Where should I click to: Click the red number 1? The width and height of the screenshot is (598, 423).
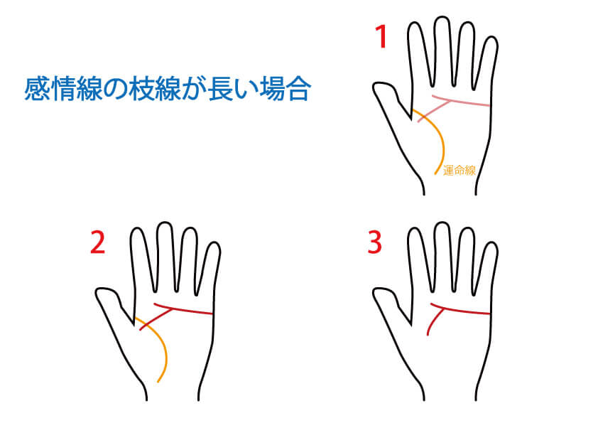381,36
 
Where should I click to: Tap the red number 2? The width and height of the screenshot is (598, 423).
97,243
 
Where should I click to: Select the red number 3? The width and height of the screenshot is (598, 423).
374,242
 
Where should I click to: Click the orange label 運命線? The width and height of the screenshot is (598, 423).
460,171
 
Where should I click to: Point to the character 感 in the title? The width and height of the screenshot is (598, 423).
37,89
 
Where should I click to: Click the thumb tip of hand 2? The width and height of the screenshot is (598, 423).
99,292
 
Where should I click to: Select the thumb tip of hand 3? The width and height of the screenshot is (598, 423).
376,292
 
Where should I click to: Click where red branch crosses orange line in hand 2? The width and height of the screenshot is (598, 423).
146,326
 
